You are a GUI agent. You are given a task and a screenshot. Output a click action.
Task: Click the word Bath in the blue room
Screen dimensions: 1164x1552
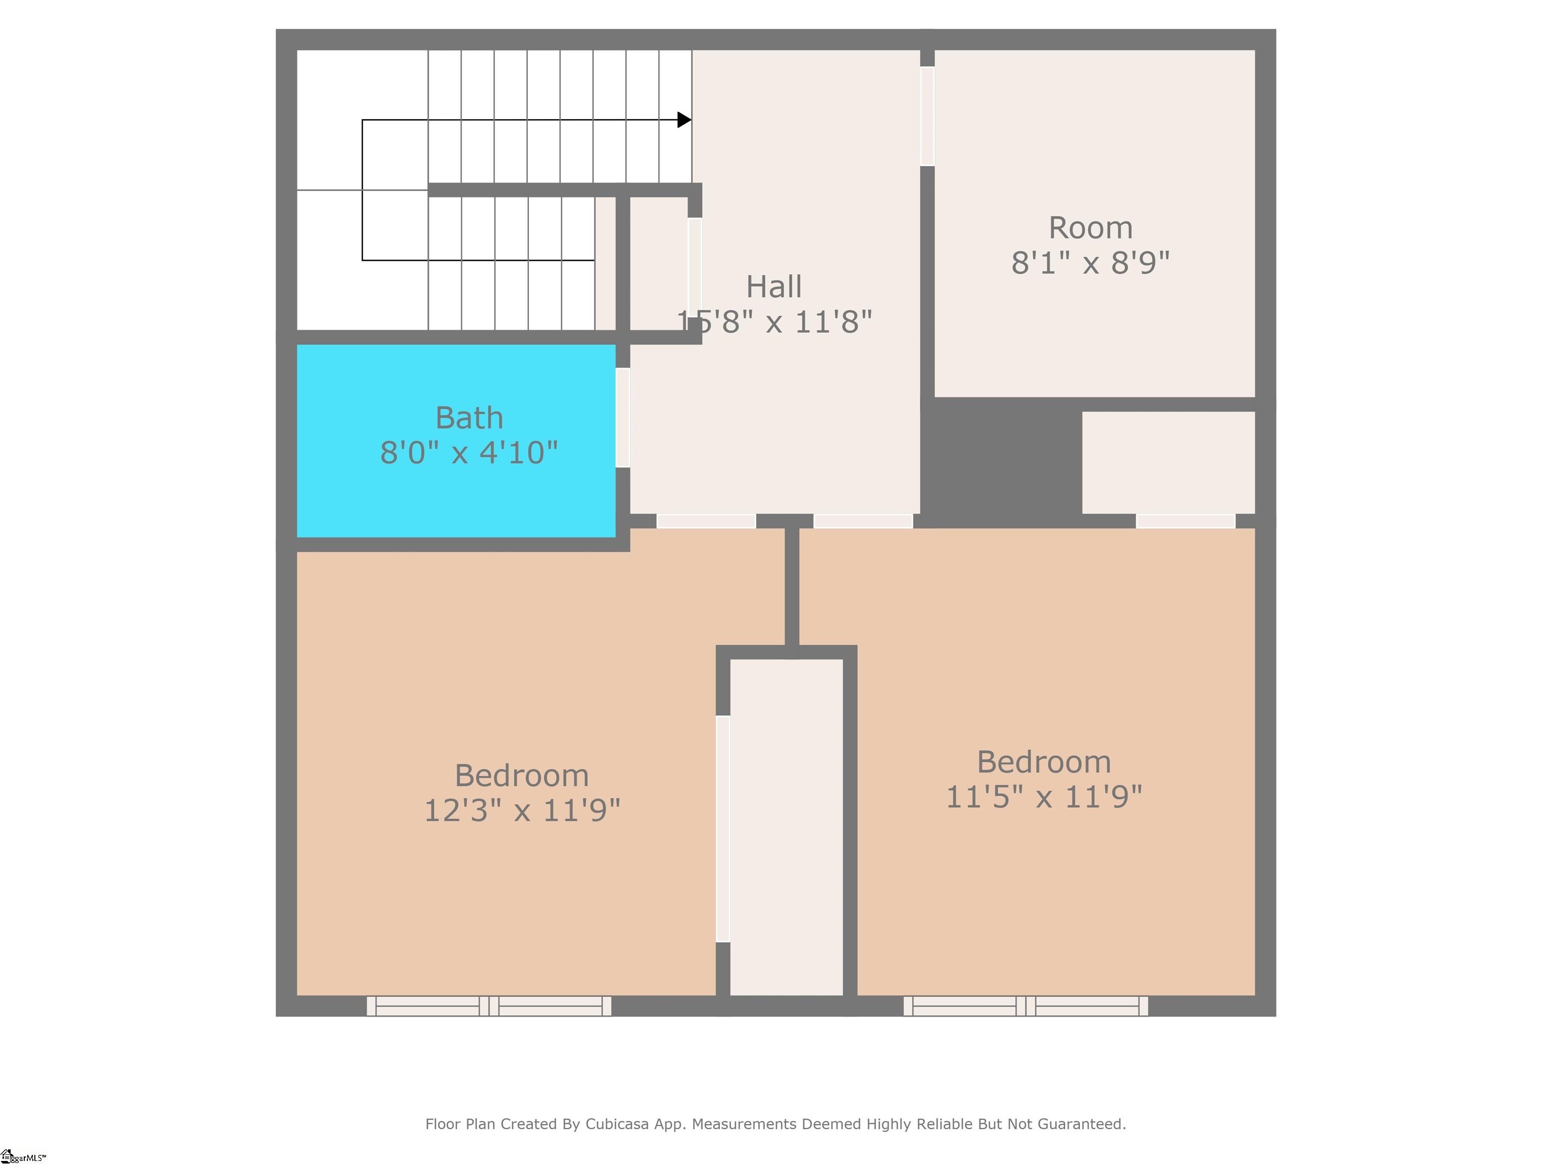469,418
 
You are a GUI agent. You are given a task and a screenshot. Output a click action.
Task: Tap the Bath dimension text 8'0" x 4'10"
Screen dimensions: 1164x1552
469,453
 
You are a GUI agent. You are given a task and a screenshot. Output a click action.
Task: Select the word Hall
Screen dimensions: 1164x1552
774,287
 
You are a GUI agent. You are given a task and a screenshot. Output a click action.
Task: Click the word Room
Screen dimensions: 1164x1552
1090,228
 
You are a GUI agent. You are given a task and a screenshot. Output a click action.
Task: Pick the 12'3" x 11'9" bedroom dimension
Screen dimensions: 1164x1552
522,811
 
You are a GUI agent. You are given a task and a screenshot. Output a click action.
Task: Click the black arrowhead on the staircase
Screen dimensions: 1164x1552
684,120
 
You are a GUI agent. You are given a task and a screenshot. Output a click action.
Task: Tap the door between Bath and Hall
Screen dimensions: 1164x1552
622,417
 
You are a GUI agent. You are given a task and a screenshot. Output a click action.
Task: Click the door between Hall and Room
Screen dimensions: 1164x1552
927,116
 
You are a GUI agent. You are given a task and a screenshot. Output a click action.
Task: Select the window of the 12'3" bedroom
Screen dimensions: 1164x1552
489,1006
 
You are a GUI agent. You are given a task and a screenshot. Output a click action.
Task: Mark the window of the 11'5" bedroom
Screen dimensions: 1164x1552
1026,1006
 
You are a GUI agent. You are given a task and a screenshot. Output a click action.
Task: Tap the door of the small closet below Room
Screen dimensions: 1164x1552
1185,520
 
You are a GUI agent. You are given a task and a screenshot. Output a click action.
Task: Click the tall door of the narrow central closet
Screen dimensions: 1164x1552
722,828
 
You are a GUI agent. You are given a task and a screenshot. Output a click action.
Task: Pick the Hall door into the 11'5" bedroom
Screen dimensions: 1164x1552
862,520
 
